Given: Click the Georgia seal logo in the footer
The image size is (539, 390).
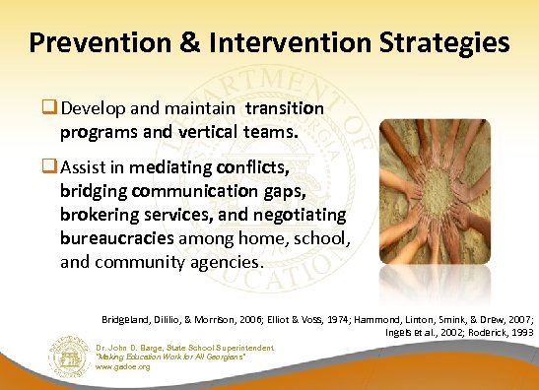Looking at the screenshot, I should [x=68, y=355].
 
